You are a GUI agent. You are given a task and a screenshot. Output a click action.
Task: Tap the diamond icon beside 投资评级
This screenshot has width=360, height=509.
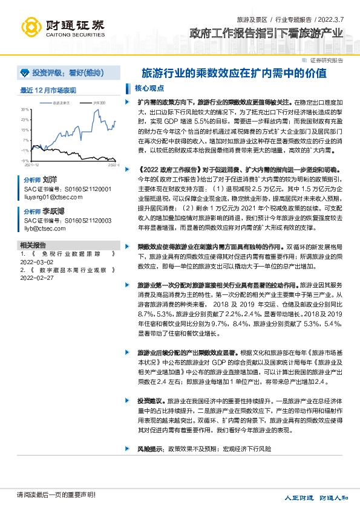pyautogui.click(x=25, y=73)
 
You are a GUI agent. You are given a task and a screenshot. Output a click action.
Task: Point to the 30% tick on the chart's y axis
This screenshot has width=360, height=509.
pyautogui.click(x=25, y=109)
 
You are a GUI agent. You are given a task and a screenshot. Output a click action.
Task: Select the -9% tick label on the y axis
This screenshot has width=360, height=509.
pyautogui.click(x=25, y=160)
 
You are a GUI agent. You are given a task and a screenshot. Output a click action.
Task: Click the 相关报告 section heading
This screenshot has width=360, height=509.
pyautogui.click(x=33, y=245)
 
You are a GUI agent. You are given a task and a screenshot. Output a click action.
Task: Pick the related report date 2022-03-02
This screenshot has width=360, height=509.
pyautogui.click(x=37, y=263)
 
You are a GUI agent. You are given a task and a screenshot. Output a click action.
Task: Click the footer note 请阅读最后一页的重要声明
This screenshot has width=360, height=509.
pyautogui.click(x=56, y=495)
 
